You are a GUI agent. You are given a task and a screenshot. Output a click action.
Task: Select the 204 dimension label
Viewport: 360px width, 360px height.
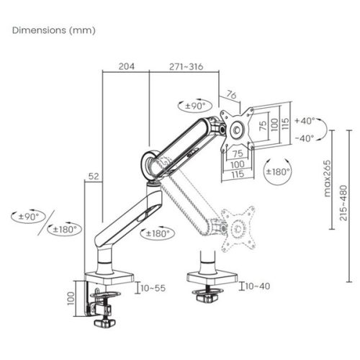click(x=126, y=66)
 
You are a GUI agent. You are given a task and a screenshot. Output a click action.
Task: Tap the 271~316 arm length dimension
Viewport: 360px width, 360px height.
click(x=185, y=66)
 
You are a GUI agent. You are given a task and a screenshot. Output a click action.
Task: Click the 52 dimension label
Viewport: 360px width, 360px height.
click(x=93, y=175)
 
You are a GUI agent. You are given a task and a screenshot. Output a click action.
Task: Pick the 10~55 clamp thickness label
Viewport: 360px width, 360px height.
click(x=153, y=287)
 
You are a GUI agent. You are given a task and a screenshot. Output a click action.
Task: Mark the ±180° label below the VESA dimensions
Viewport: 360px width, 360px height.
click(x=278, y=171)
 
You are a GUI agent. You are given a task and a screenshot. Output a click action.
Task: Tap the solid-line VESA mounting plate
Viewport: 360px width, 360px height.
click(x=238, y=127)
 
